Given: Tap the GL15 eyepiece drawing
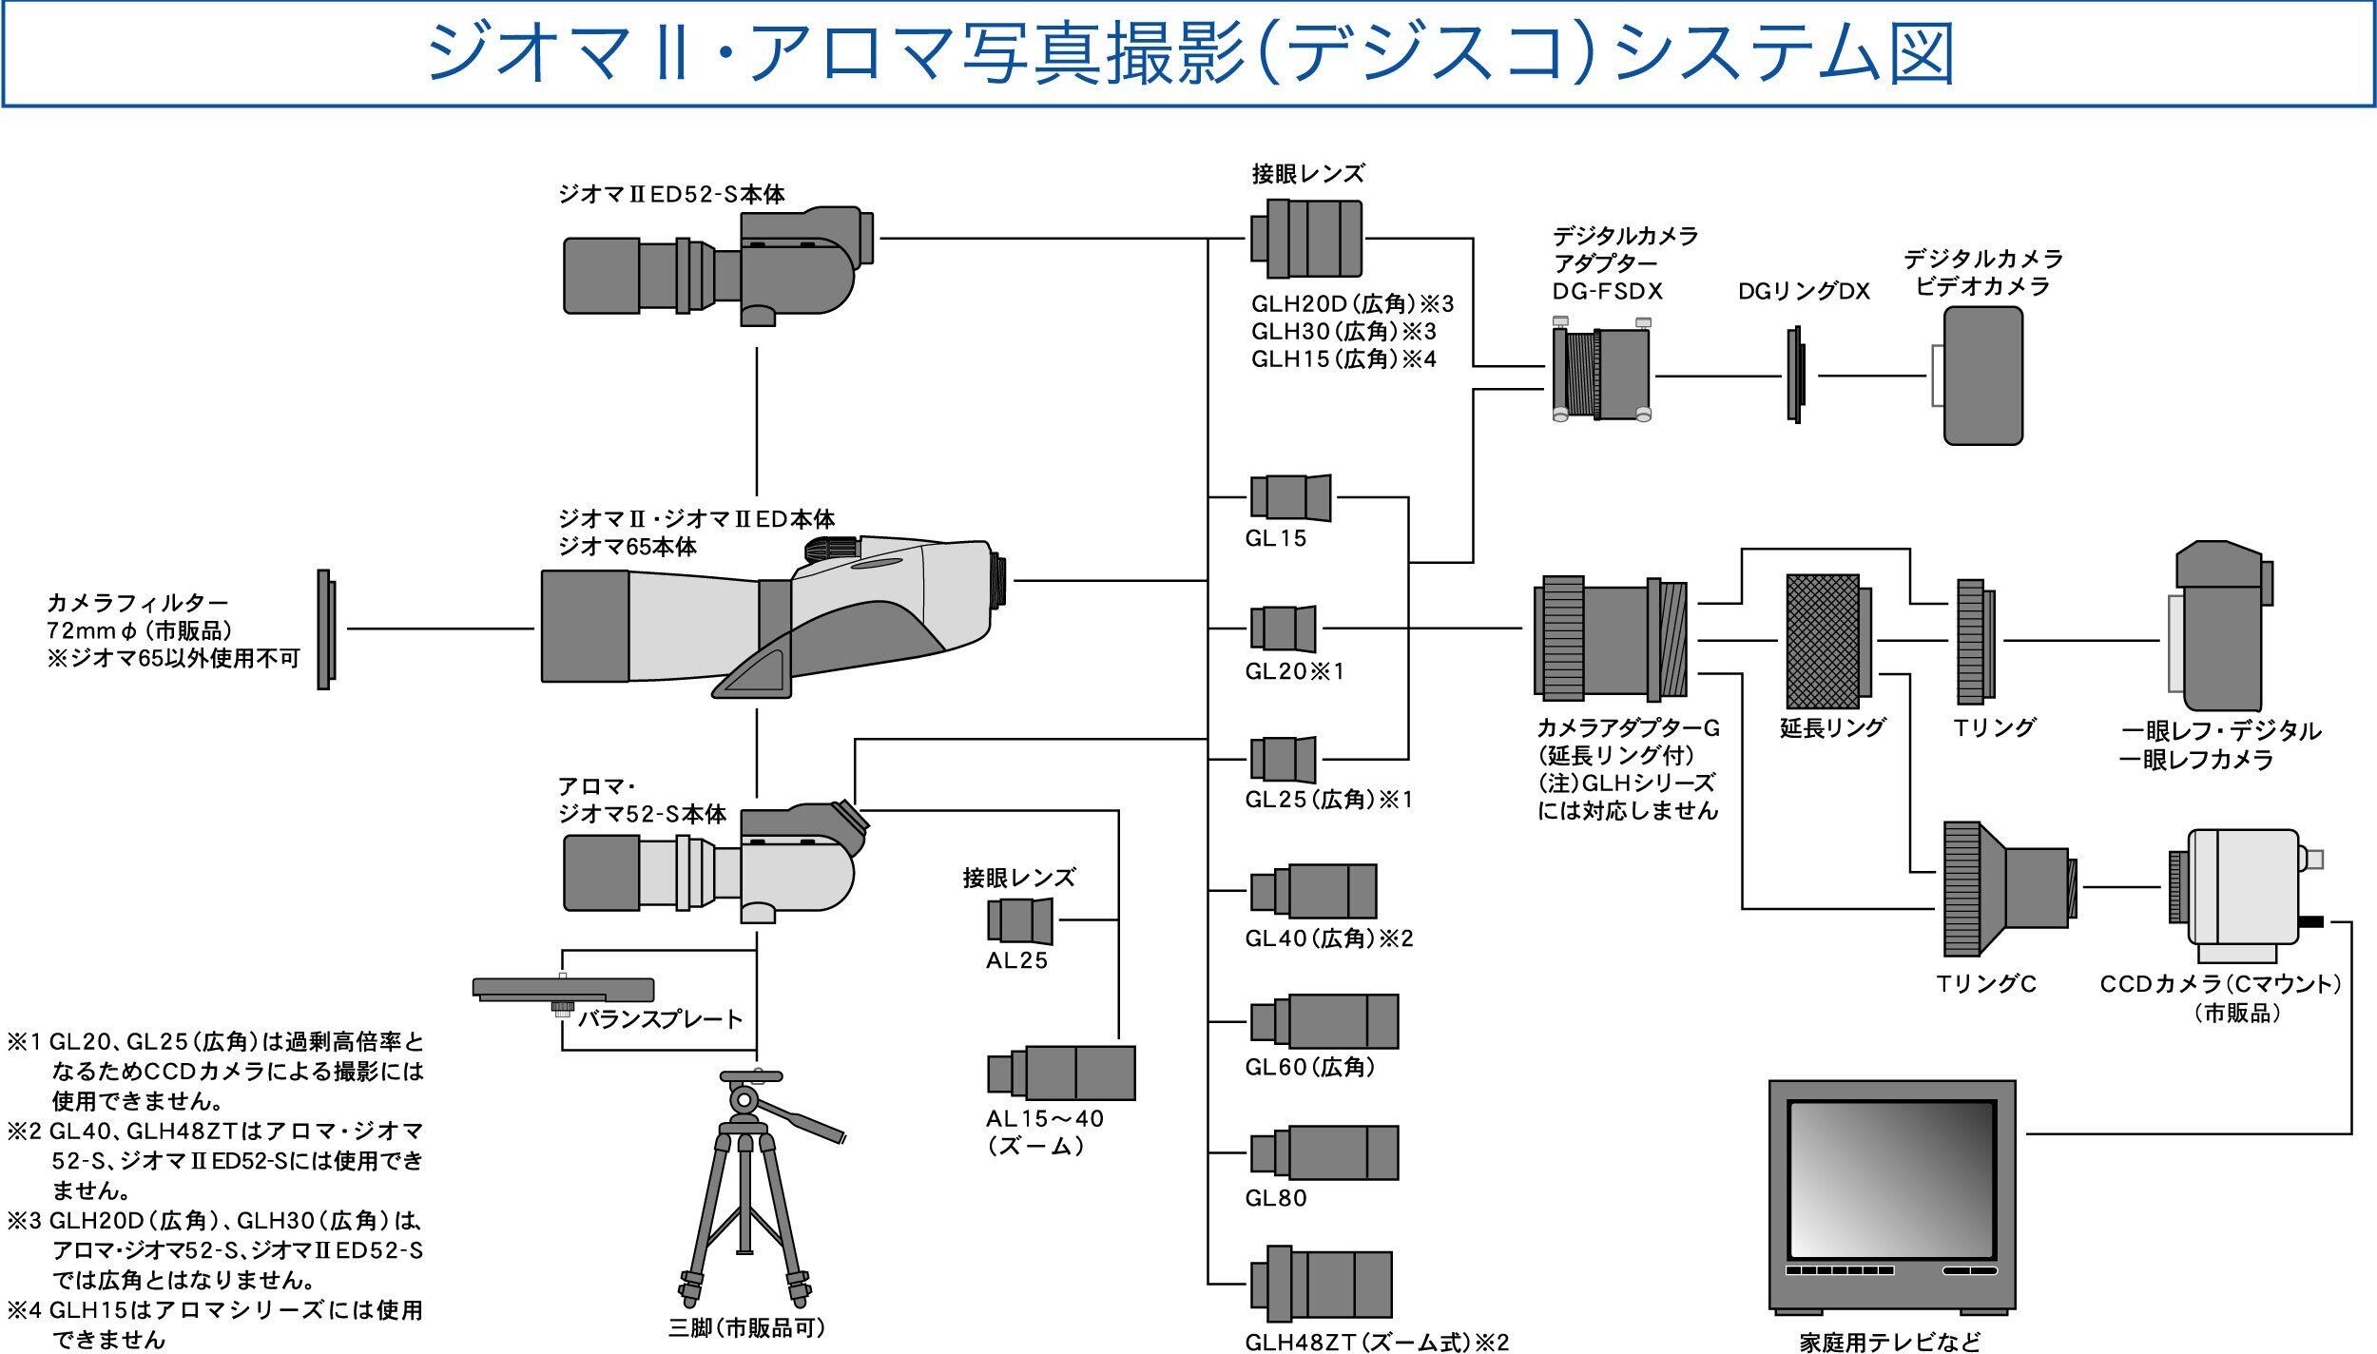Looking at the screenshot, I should pos(1289,497).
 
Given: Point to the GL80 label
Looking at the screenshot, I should pos(1276,1198).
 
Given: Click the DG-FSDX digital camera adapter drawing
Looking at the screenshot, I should pos(1602,372).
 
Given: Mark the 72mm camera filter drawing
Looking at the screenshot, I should pos(324,629).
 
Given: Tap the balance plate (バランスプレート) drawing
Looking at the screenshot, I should pos(563,992).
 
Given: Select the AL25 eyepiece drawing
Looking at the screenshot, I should pos(1020,919).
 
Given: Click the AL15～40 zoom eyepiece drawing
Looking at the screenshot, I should pos(1061,1073).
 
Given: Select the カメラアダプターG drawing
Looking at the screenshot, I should pos(1610,635).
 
